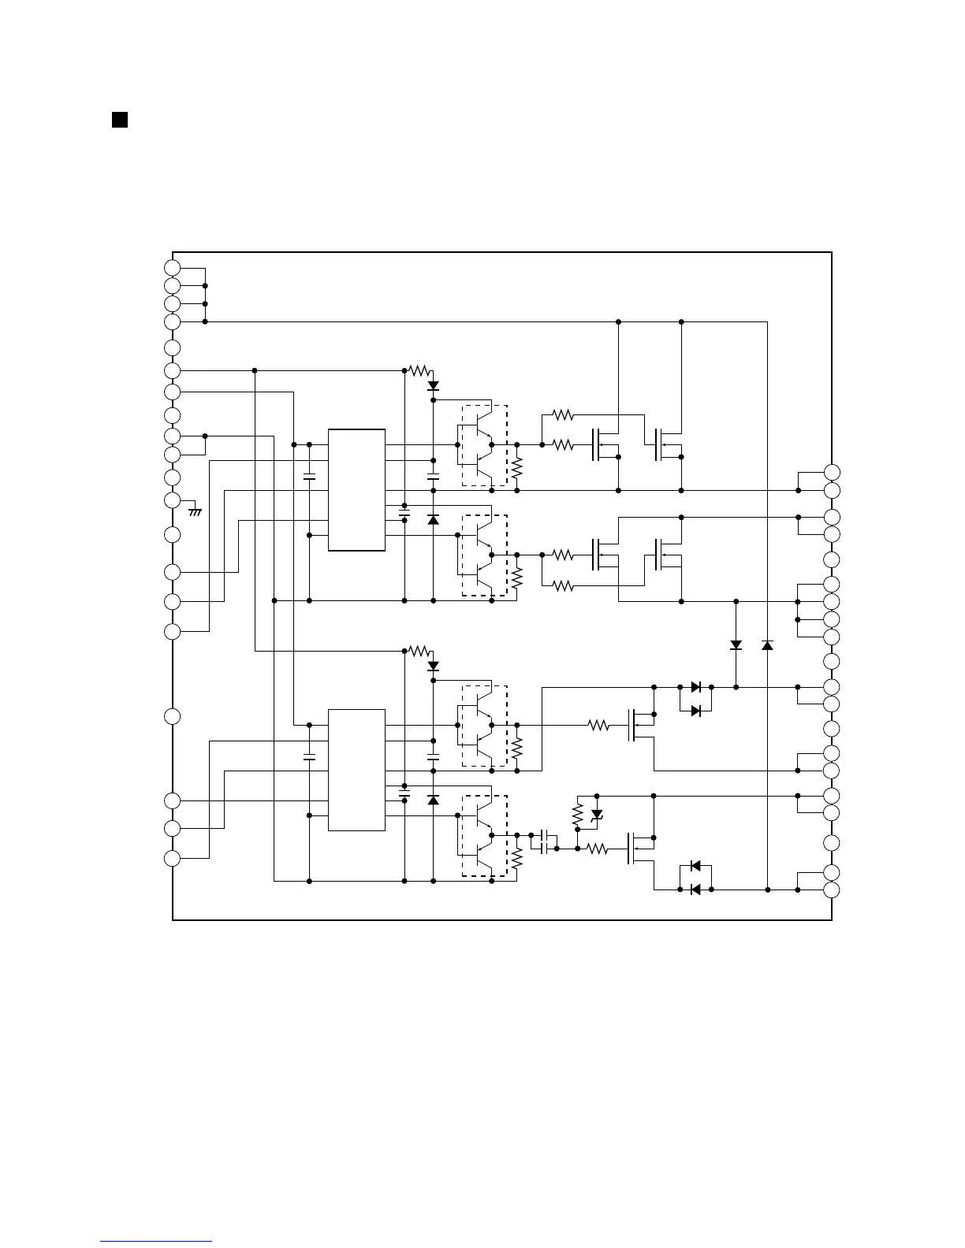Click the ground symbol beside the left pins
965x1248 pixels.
pyautogui.click(x=195, y=511)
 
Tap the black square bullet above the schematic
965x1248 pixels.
pyautogui.click(x=119, y=120)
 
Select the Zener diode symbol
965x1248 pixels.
pyautogui.click(x=597, y=814)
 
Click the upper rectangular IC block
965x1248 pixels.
pyautogui.click(x=356, y=490)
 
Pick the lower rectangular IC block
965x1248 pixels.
pyautogui.click(x=356, y=770)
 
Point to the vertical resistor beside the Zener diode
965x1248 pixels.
pyautogui.click(x=577, y=814)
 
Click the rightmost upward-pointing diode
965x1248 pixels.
pyautogui.click(x=767, y=645)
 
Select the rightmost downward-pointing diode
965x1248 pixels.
pyautogui.click(x=736, y=645)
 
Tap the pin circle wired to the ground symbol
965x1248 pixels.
pyautogui.click(x=173, y=500)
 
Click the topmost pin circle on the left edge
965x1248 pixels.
pyautogui.click(x=173, y=267)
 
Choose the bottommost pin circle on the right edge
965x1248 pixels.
pyautogui.click(x=832, y=890)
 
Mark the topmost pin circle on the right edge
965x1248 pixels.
pyautogui.click(x=832, y=472)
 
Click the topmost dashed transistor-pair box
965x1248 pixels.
pyautogui.click(x=484, y=445)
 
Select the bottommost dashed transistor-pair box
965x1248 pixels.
pyautogui.click(x=484, y=836)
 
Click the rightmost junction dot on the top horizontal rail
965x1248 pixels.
pyautogui.click(x=681, y=321)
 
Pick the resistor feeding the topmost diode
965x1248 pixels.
pyautogui.click(x=419, y=370)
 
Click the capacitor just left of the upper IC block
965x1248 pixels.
pyautogui.click(x=309, y=477)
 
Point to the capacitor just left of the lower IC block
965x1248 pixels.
pyautogui.click(x=309, y=757)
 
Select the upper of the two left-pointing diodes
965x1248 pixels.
pyautogui.click(x=695, y=865)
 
